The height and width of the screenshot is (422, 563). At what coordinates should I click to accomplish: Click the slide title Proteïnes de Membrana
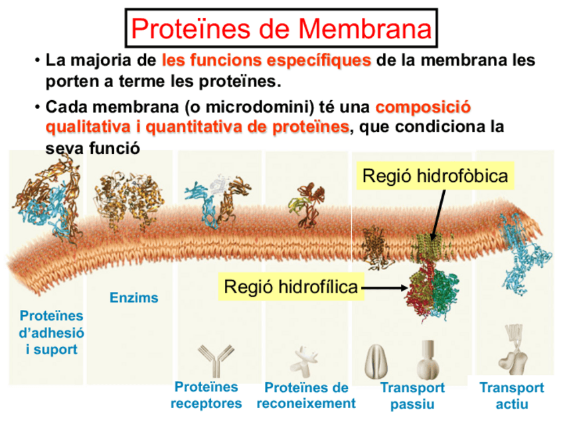(281, 29)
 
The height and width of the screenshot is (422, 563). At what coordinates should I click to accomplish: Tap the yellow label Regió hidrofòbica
(436, 176)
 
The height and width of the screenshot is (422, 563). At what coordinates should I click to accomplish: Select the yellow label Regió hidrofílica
(291, 287)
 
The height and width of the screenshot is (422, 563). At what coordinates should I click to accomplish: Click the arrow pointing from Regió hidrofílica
(385, 288)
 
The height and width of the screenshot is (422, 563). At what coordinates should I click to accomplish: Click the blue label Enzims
(134, 298)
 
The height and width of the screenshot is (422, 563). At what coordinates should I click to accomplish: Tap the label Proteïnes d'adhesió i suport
(51, 332)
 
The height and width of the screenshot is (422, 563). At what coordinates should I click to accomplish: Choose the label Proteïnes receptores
(206, 395)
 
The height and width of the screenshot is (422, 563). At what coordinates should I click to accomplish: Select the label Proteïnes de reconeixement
(306, 395)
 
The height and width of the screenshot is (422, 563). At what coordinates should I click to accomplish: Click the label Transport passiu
(412, 395)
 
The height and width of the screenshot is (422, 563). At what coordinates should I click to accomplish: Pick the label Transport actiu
(512, 395)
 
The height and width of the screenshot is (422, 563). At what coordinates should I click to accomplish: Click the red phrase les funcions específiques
(266, 61)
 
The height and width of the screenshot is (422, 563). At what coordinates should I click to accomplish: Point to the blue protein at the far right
(528, 259)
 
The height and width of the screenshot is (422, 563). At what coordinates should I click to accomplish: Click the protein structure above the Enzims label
(130, 198)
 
